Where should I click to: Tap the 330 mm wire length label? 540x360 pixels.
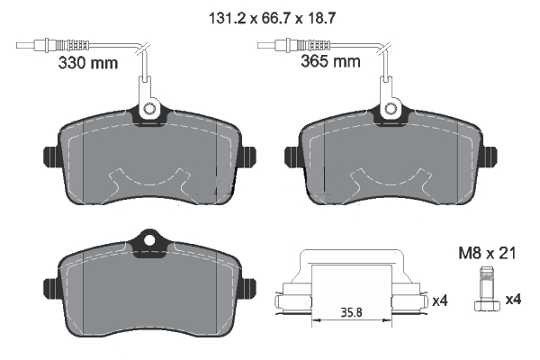87,63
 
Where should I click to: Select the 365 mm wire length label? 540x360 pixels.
328,63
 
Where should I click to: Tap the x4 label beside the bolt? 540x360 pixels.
512,299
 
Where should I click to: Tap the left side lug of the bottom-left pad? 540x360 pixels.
49,286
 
